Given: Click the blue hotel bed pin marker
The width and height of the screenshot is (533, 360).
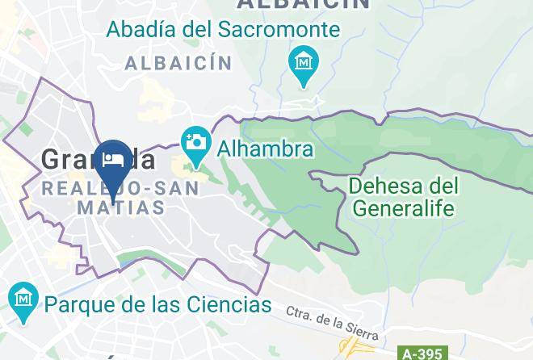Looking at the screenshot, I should click(113, 161).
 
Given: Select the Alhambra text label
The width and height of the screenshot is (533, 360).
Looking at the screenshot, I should click(263, 149).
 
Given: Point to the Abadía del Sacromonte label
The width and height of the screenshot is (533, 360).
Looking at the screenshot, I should click(223, 30).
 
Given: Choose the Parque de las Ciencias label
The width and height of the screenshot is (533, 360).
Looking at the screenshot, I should click(158, 304).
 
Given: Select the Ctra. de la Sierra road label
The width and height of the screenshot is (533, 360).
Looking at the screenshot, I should click(331, 321).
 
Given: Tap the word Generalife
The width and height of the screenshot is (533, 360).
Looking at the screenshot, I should click(404, 208).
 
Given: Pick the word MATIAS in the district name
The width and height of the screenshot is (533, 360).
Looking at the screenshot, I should click(120, 207).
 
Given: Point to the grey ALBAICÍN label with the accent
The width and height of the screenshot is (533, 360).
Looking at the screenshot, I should click(178, 63).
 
